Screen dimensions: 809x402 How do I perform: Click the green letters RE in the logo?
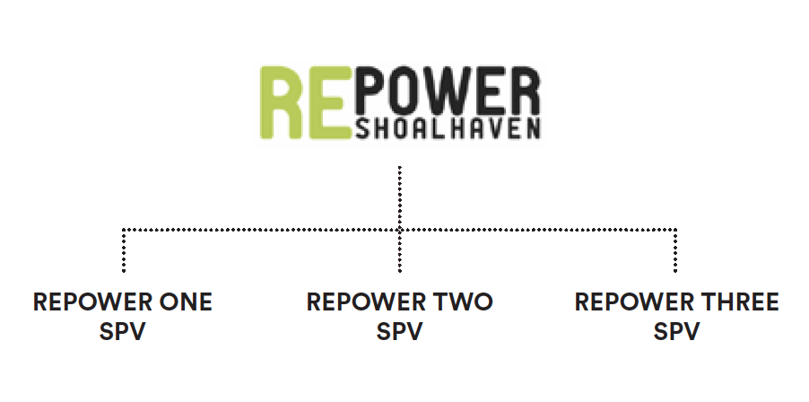302,102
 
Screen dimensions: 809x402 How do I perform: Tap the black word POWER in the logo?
448,92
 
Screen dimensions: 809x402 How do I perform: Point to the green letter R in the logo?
281,102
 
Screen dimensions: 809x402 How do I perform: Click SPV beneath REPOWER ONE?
123,331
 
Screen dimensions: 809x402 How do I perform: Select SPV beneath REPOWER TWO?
400,331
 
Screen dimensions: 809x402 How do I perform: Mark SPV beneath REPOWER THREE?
676,331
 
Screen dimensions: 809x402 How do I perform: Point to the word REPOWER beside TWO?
366,301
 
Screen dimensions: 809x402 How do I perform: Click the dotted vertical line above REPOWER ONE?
123,250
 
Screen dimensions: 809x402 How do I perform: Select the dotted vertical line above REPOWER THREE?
675,250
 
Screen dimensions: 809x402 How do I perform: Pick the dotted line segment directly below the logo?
400,197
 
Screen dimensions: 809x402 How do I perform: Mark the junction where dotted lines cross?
400,230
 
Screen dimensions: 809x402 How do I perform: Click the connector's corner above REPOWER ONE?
123,230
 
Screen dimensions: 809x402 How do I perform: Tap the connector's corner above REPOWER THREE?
675,230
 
